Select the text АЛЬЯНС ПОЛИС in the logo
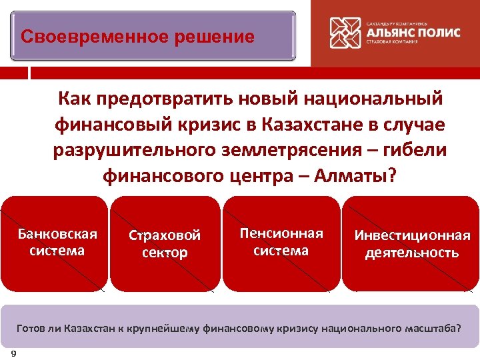click(413, 33)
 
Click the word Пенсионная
click(281, 233)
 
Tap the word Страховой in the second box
click(165, 235)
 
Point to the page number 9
click(14, 353)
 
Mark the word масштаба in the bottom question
click(429, 329)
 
